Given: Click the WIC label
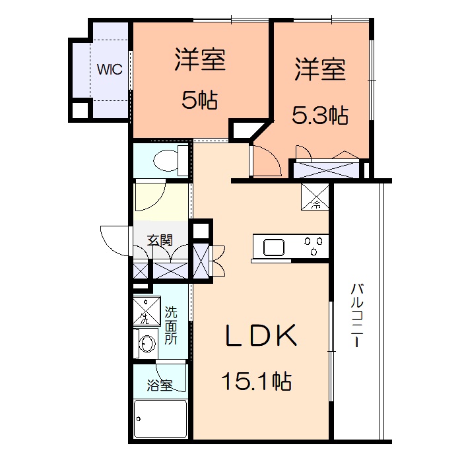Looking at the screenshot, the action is (x=110, y=69).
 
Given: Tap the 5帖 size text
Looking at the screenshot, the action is (x=199, y=100).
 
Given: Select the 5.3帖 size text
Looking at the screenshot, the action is (x=320, y=115).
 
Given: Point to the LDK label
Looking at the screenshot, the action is (x=261, y=335).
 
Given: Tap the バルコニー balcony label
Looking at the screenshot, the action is (x=357, y=315).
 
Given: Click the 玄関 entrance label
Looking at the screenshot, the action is (x=160, y=240).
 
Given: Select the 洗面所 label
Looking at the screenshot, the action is (x=171, y=325).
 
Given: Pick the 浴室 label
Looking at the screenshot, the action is (x=160, y=385).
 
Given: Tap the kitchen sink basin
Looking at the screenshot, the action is (x=274, y=247).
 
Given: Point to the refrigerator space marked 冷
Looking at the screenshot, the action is (x=315, y=197).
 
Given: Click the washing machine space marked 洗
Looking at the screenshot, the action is (x=147, y=311).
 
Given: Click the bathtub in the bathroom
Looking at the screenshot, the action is (x=160, y=419).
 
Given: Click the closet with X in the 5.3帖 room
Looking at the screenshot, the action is (x=327, y=169).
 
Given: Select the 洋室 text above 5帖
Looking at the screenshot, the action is (x=200, y=59).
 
